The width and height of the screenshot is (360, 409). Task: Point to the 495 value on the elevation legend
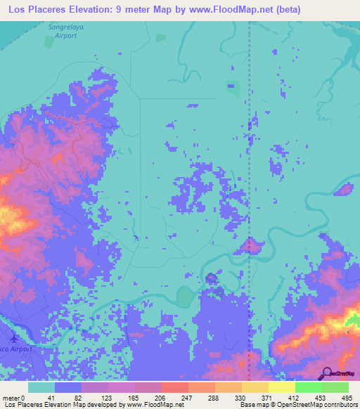pos(347,398)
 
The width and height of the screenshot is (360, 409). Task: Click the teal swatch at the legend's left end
pos(41,387)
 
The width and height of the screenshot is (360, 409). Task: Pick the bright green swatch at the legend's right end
pos(335,387)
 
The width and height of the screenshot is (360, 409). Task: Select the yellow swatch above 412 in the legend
pos(281,387)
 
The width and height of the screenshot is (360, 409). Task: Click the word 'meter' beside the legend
pos(11,398)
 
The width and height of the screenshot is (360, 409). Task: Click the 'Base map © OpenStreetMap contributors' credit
pos(296,405)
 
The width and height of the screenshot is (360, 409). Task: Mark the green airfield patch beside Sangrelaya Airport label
pos(49,41)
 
